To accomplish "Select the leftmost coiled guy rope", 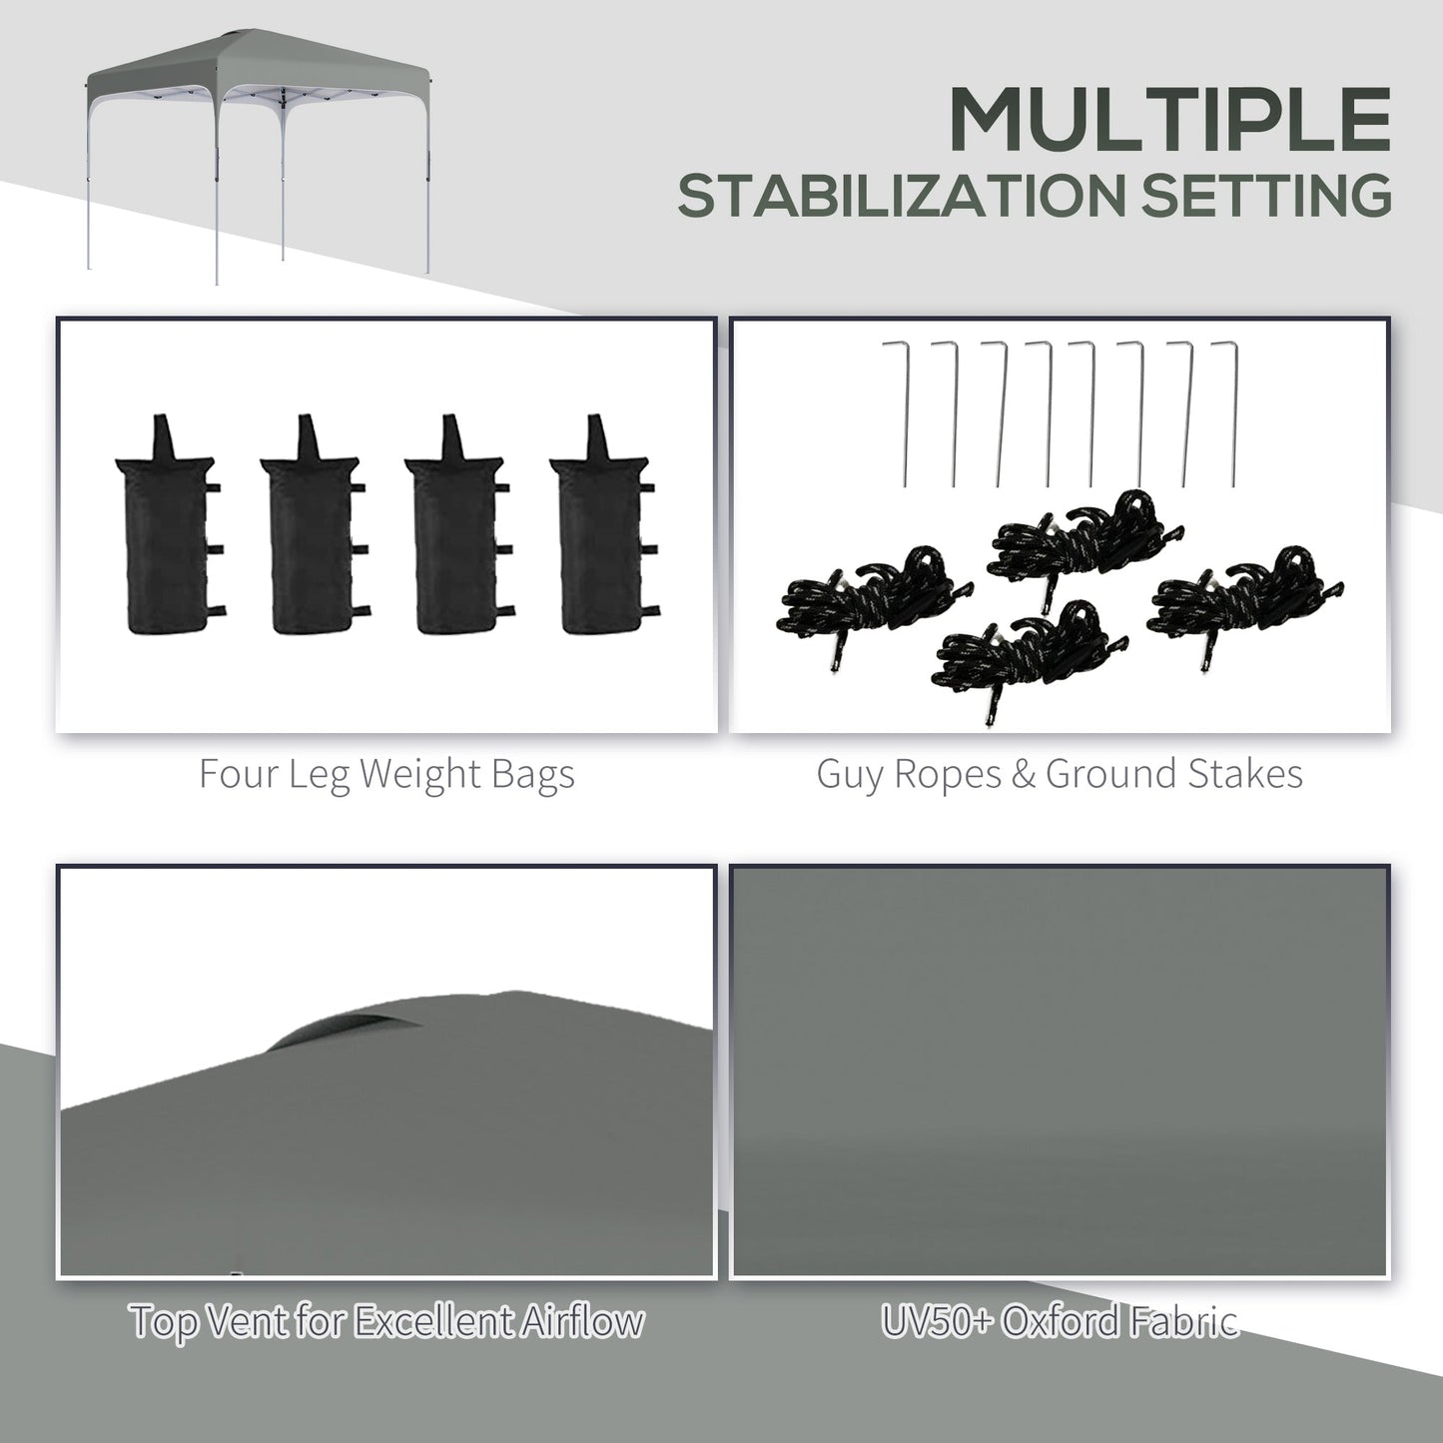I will coord(859,599).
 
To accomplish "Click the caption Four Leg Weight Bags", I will coord(386,774).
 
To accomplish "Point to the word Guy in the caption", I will coord(850,774).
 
